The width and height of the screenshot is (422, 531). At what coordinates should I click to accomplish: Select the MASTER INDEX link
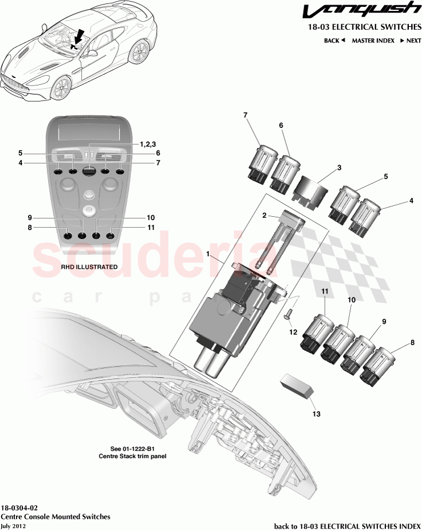(372, 41)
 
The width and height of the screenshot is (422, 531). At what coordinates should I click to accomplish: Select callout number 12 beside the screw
(293, 332)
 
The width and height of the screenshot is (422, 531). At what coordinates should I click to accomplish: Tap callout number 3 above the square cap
(338, 167)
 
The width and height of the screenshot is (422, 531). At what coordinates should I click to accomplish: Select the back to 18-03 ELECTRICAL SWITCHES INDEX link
(348, 526)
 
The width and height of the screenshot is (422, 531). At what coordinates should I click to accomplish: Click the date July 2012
(13, 526)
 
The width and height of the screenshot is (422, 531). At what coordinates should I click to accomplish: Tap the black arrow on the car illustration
(78, 35)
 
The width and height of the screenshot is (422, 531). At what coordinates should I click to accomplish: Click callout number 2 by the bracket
(264, 215)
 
